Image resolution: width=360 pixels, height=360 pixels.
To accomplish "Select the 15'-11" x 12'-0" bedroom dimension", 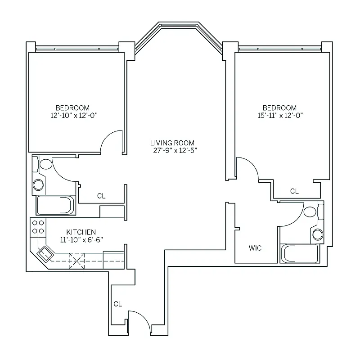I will pos(279,115).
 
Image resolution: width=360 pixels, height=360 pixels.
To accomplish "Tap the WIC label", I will pos(255,248).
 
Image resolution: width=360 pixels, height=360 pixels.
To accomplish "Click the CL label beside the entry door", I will pos(117,304).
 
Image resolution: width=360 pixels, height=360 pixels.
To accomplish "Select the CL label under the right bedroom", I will pos(294,191).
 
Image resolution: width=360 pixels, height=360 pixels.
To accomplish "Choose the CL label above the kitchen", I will pos(101,196).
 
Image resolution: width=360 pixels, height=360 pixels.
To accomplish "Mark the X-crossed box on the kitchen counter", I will pos(76,260).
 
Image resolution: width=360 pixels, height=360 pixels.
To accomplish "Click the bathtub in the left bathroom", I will pos(54,205).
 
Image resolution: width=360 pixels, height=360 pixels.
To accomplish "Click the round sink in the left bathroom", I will pos(39,184).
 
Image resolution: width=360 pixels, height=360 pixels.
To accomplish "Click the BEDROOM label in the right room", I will pos(279,108).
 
